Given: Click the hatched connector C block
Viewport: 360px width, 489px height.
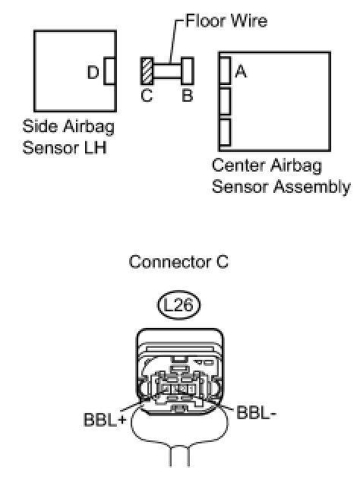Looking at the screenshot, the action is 147,71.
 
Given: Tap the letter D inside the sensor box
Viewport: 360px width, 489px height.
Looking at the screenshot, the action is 93,72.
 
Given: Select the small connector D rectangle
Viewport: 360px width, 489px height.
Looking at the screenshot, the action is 109,71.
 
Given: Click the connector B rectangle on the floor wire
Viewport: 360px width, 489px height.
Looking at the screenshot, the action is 187,71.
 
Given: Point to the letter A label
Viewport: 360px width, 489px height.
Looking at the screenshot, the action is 241,71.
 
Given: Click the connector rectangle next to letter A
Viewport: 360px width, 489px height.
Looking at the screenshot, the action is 226,70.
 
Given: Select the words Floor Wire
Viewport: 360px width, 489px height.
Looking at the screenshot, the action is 226,21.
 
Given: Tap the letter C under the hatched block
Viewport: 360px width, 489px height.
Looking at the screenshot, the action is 147,96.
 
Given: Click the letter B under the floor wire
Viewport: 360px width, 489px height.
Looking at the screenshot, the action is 187,96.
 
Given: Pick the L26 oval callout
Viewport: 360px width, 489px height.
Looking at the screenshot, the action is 178,305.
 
